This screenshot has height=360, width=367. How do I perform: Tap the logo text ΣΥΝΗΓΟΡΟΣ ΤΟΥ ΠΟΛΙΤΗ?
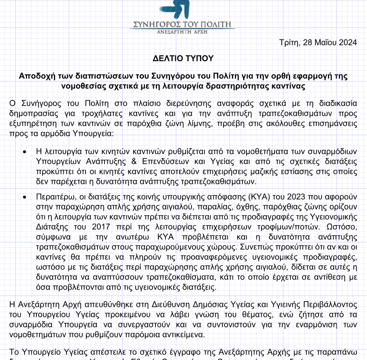tap(182, 25)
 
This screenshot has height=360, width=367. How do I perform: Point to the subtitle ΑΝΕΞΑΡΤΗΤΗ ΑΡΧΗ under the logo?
tap(182, 32)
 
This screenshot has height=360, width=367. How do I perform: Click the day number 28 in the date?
tap(308, 42)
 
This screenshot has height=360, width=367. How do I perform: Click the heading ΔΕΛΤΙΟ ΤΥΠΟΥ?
tap(183, 59)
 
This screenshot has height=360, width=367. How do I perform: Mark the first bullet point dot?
tap(25, 153)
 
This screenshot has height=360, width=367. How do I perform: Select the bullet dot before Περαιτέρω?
tap(25, 197)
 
